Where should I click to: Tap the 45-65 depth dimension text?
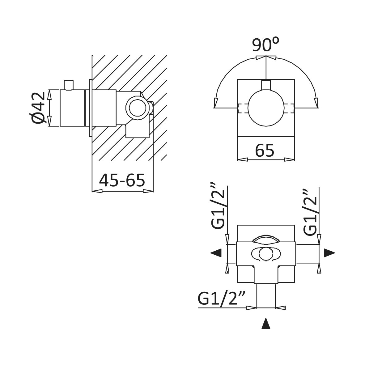tap(122, 180)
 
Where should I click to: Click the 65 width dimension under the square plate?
tap(265, 151)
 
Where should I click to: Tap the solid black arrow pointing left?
tap(216, 253)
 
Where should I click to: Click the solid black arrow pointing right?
tap(329, 253)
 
